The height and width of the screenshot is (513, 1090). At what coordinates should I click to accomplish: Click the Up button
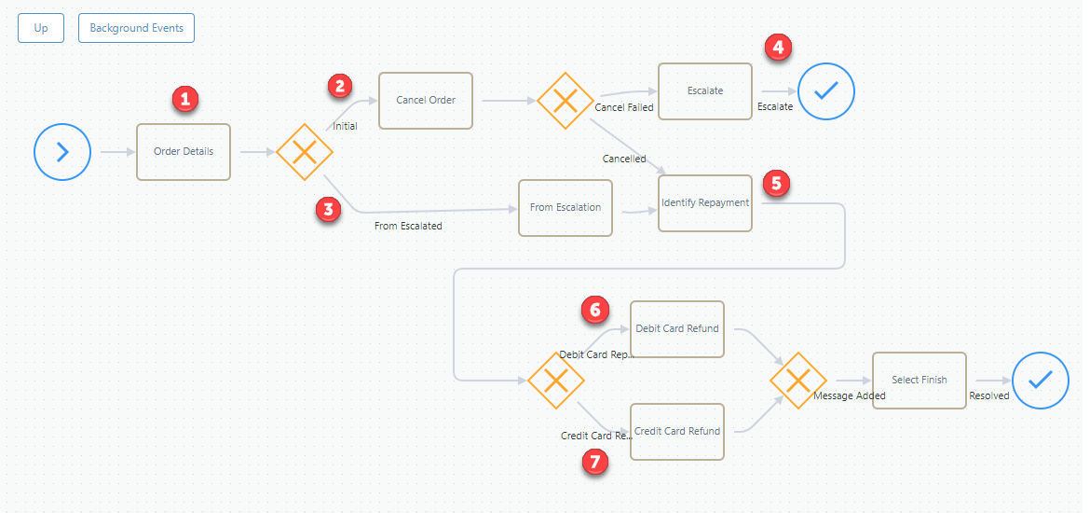(41, 29)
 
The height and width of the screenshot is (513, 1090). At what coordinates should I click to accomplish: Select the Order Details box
(184, 152)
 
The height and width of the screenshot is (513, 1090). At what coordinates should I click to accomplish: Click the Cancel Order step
(426, 100)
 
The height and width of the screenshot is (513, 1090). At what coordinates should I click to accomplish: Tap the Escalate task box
(705, 91)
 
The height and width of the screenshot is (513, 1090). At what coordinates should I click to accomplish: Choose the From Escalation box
(565, 207)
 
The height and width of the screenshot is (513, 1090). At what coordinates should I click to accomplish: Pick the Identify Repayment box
(705, 203)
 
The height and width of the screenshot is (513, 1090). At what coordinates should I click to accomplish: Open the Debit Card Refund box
(677, 329)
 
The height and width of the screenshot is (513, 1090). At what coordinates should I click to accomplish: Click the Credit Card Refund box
(677, 432)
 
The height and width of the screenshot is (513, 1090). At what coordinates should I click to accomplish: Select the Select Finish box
(919, 380)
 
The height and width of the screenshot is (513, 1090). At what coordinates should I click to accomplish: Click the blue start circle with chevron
(62, 152)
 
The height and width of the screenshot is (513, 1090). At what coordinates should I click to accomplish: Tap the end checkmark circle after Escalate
(825, 91)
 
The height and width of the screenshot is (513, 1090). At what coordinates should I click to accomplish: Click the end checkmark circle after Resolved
(1041, 380)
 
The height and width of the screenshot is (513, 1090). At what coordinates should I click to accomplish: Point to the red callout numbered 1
(184, 99)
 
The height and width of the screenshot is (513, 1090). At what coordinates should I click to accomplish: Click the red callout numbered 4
(778, 48)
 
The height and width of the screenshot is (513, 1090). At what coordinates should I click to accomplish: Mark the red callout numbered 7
(594, 461)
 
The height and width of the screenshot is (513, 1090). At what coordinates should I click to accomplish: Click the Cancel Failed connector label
(624, 107)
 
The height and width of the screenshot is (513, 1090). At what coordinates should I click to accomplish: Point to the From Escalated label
(408, 226)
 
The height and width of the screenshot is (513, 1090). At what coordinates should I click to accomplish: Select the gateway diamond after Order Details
(305, 152)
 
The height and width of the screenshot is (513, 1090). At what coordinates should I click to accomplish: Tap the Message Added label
(850, 395)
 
